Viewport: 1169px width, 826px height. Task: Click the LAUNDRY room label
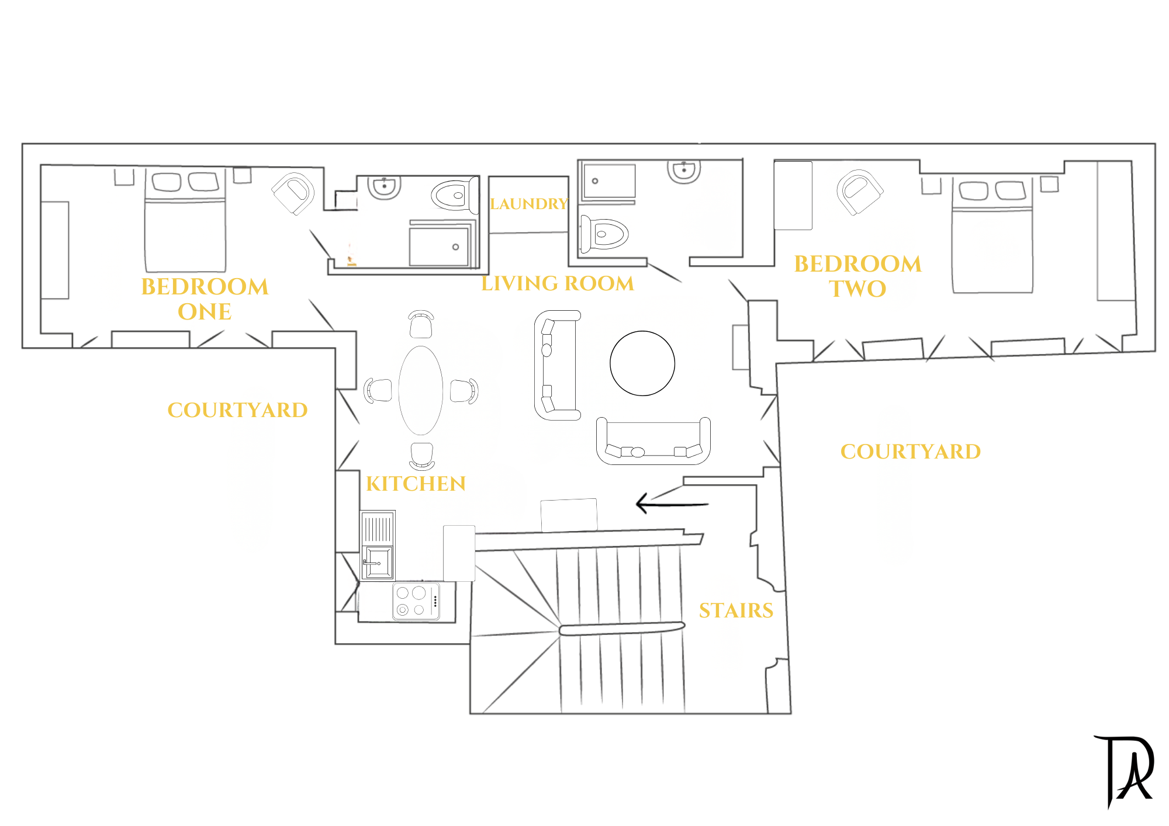point(529,204)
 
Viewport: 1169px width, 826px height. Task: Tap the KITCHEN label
point(416,484)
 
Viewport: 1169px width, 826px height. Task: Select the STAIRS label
point(736,610)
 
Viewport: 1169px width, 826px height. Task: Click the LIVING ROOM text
point(558,283)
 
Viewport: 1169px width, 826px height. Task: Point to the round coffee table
point(642,363)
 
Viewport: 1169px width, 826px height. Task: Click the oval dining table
point(420,390)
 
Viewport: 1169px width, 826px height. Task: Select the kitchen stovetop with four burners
point(416,601)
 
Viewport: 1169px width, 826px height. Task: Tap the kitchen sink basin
point(378,562)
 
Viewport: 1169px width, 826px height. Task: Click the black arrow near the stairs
point(672,503)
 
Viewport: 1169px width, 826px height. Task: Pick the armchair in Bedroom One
point(293,193)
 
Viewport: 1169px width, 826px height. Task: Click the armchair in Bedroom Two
point(859,192)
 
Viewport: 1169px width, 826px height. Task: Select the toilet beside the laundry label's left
point(454,195)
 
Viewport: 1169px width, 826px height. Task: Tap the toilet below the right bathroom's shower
point(603,234)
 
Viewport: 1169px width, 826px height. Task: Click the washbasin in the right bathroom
point(684,171)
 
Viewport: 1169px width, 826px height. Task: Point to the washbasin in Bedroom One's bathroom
point(384,187)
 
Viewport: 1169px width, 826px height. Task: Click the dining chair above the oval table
point(421,324)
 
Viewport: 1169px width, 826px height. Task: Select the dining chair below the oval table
point(421,456)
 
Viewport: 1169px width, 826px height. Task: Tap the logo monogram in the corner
point(1124,772)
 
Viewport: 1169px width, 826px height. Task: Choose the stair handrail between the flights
point(622,629)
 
